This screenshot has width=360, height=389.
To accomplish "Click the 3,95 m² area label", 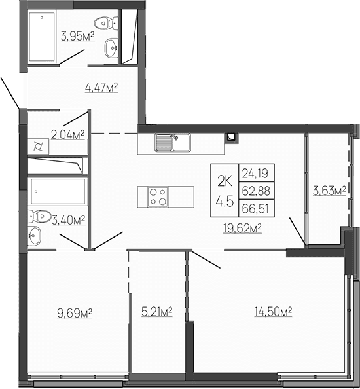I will point(78,35).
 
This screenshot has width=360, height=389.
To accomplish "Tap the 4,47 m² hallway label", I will point(101,86).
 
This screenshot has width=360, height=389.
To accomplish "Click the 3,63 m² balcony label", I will point(329,191).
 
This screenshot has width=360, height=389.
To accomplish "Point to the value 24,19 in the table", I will point(258,174).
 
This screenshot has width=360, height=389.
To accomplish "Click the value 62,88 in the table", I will point(258,190).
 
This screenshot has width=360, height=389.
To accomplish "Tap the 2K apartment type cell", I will point(225,178).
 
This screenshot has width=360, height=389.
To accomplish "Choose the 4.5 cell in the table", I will point(225,202).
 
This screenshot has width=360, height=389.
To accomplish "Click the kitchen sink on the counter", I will point(172,141).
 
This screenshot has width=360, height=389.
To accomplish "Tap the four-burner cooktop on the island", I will point(158,196).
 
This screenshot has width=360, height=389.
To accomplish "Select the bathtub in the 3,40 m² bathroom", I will point(58,191).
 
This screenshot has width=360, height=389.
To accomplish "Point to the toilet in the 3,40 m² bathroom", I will point(41,215).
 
